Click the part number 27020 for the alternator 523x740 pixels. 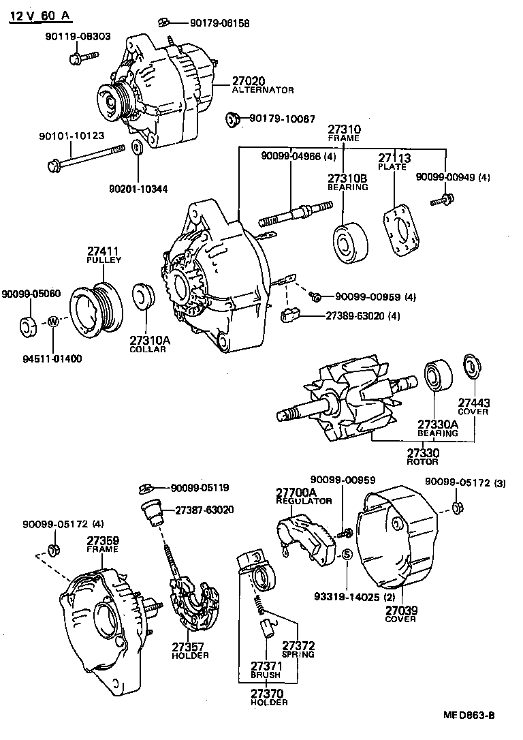click(x=249, y=81)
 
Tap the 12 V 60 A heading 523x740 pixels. click(x=40, y=16)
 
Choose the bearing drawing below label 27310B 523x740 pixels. click(x=350, y=243)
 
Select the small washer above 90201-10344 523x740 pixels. click(x=136, y=147)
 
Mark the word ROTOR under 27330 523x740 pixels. click(x=422, y=462)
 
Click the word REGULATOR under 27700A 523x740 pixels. click(x=304, y=501)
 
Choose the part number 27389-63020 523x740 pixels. click(x=358, y=316)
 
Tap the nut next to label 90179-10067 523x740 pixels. click(x=232, y=120)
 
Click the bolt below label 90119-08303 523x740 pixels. click(x=75, y=57)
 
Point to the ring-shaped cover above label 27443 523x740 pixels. click(x=470, y=366)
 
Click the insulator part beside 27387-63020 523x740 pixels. click(x=151, y=510)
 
